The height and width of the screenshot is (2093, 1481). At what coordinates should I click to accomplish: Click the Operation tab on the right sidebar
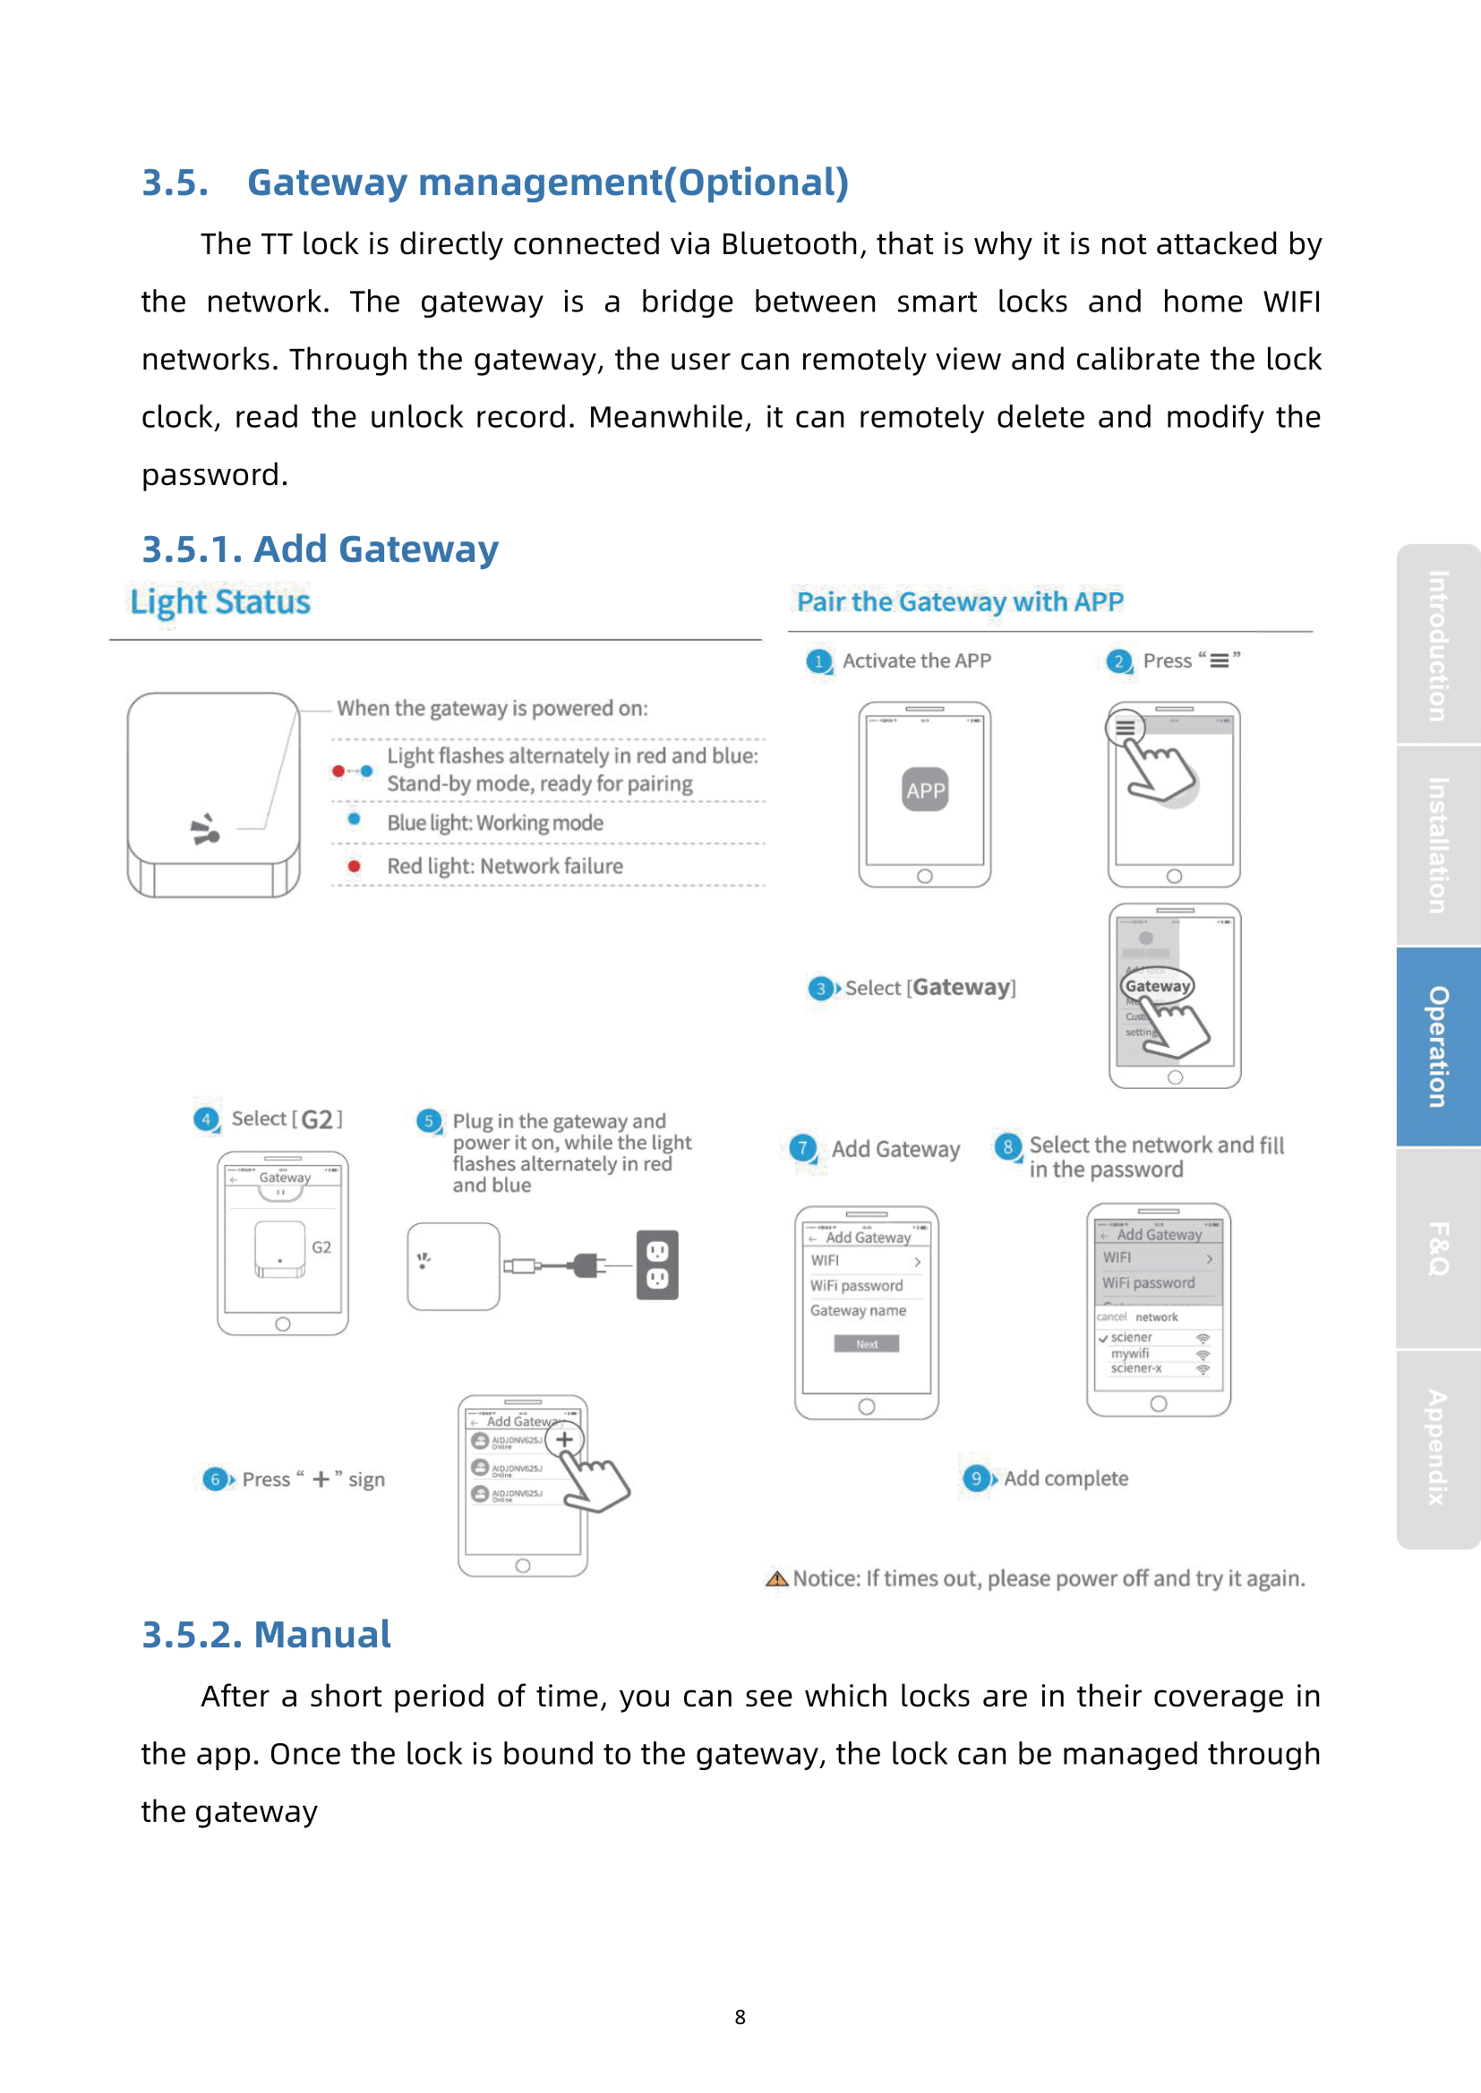coord(1438,1047)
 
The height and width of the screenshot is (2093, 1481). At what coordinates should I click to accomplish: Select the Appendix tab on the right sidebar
coord(1438,1448)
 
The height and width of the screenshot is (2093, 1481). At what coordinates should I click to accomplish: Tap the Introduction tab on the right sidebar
coord(1438,645)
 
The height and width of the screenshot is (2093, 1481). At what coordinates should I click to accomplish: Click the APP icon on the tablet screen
coord(925,790)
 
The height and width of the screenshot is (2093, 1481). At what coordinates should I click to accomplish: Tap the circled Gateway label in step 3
coord(1157,985)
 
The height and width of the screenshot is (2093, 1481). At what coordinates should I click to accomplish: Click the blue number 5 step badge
coord(428,1120)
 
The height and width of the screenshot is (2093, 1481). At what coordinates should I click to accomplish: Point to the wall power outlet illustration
coord(656,1265)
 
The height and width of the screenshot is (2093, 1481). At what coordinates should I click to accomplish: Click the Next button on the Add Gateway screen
coord(867,1344)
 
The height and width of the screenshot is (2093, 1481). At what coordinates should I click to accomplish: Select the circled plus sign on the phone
coord(564,1440)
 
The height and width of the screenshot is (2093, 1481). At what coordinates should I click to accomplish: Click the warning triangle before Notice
coord(777,1578)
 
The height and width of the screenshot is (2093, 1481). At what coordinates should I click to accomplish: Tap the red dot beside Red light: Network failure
coord(354,866)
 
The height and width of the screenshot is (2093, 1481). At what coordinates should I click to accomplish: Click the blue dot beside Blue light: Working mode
coord(354,819)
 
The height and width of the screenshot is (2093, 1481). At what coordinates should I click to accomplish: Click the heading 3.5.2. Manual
coord(266,1635)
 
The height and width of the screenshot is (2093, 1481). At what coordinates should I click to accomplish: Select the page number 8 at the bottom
coord(740,2017)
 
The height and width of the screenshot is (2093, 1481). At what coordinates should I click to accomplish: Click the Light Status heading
coord(219,602)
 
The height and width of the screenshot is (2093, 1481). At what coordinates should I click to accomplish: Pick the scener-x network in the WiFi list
coord(1136,1368)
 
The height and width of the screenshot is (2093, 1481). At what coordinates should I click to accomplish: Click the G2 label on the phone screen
coord(321,1247)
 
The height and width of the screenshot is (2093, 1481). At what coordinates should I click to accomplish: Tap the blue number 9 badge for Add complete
coord(976,1477)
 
